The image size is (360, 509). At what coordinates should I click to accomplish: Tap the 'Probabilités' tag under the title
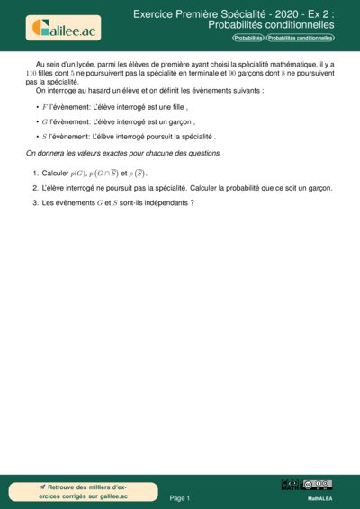click(247, 39)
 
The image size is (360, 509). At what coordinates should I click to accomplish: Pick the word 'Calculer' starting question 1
click(55, 173)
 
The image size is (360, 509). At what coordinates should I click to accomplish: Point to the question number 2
click(34, 188)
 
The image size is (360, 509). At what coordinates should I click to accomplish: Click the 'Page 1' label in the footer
click(180, 496)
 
